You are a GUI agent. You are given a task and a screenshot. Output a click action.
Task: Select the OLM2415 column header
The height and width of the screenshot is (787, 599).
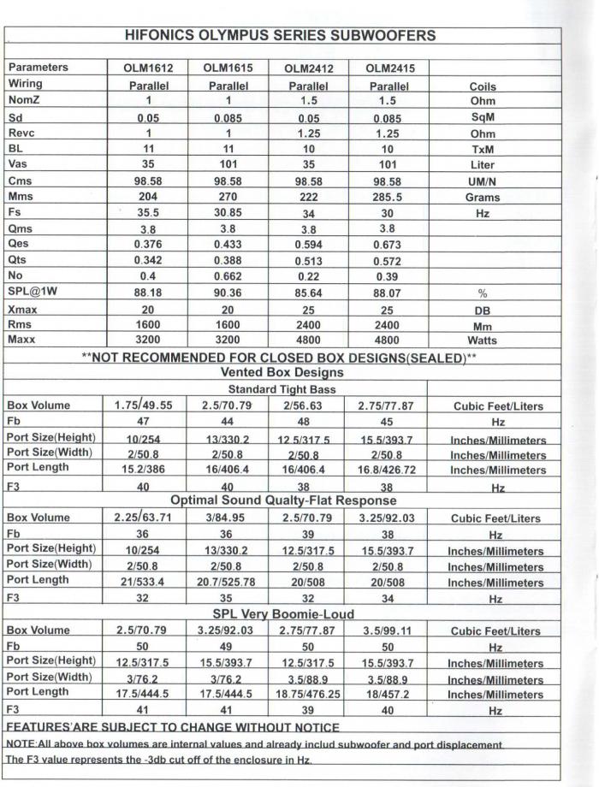[388, 68]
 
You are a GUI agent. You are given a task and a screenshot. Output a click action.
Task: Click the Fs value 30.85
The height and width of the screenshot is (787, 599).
[228, 213]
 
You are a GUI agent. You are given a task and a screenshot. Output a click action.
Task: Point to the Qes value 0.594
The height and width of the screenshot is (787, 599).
[308, 246]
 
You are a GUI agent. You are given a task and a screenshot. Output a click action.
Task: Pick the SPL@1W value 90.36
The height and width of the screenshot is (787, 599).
[228, 293]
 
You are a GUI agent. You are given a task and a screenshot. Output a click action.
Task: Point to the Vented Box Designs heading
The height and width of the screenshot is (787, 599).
[282, 373]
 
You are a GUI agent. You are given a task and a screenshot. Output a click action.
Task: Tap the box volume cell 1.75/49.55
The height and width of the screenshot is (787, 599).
[144, 405]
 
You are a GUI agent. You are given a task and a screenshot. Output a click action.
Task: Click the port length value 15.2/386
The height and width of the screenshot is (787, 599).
[144, 470]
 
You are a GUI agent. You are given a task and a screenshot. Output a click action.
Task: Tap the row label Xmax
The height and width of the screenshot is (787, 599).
[24, 310]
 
